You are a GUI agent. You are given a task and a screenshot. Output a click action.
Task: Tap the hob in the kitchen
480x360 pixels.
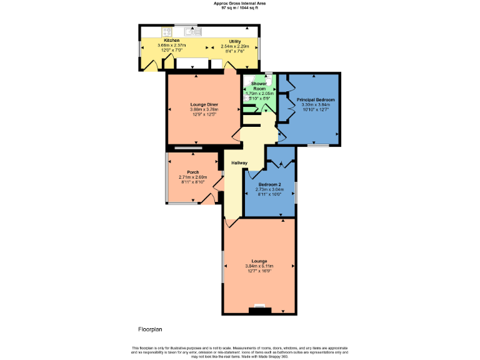pyautogui.click(x=167, y=31)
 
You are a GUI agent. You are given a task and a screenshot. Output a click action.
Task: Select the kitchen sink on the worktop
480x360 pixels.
pyautogui.click(x=192, y=31)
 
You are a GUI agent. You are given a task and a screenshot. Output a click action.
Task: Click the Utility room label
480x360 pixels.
pyautogui.click(x=235, y=41)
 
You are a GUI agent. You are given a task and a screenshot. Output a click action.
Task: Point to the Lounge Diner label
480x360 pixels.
pyautogui.click(x=204, y=104)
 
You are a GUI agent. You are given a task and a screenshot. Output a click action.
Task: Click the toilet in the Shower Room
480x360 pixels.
pyautogui.click(x=268, y=75)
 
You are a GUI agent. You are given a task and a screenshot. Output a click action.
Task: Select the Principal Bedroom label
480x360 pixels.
pyautogui.click(x=316, y=100)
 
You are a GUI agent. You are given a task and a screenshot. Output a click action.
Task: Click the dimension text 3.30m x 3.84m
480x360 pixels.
pyautogui.click(x=315, y=105)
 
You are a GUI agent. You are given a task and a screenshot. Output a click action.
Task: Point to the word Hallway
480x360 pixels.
pyautogui.click(x=239, y=163)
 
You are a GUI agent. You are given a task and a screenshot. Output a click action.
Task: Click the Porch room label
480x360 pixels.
pyautogui.click(x=192, y=172)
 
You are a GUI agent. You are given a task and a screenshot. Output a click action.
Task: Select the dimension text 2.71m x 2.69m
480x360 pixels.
pyautogui.click(x=192, y=177)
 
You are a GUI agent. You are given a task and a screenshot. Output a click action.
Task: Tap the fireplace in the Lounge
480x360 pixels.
pyautogui.click(x=259, y=308)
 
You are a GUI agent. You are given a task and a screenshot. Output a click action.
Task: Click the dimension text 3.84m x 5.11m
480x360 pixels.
pyautogui.click(x=259, y=266)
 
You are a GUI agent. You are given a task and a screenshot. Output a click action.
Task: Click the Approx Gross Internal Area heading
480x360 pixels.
pyautogui.click(x=239, y=3)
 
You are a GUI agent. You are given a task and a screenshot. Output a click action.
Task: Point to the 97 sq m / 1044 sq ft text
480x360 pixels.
pyautogui.click(x=239, y=7)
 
